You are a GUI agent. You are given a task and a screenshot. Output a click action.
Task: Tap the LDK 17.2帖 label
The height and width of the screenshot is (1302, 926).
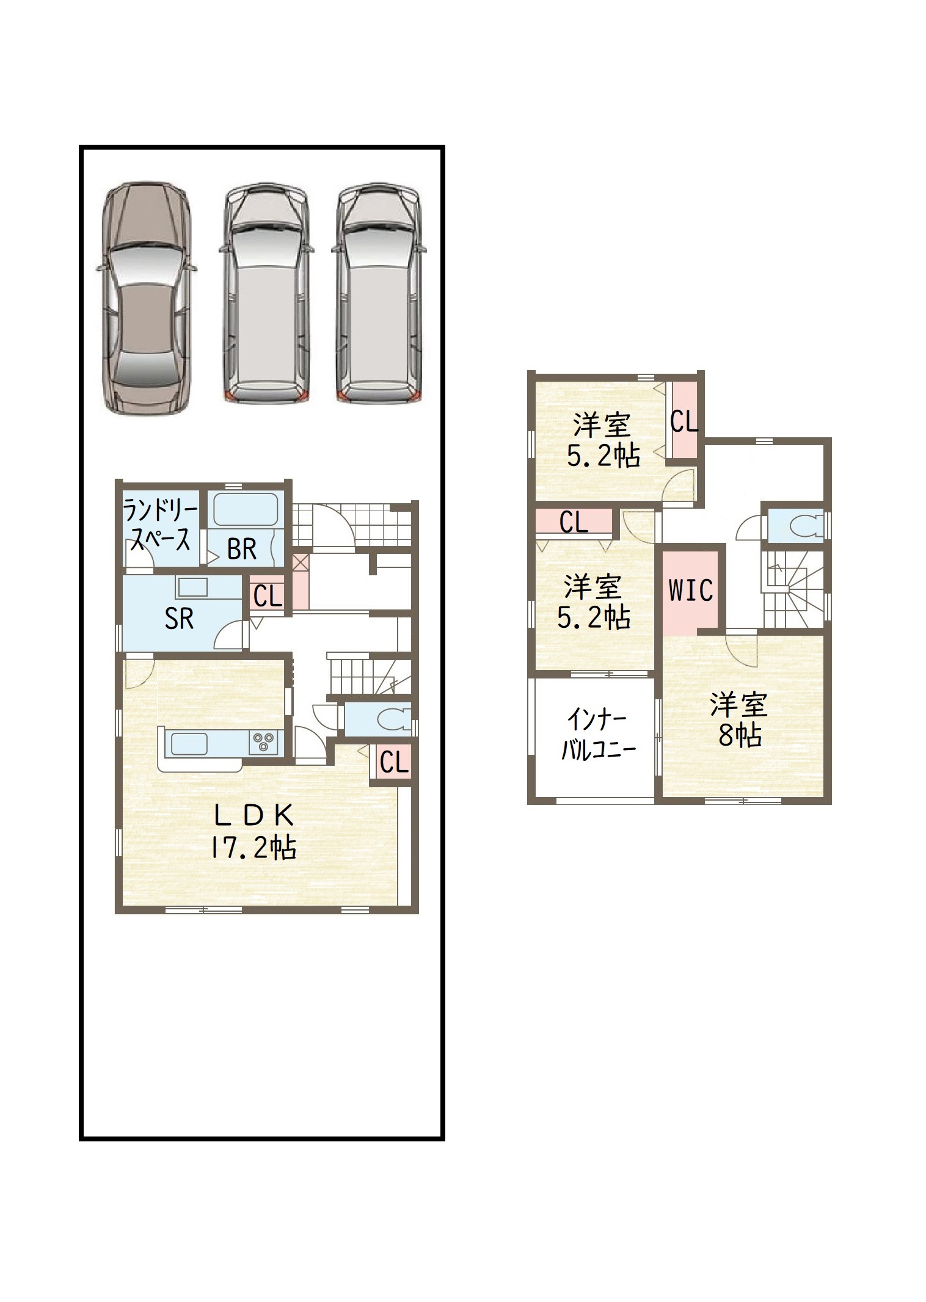click(253, 831)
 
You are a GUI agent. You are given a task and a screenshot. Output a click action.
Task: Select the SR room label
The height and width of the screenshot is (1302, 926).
click(179, 619)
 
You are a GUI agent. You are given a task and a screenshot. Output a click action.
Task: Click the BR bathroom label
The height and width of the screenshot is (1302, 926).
click(242, 549)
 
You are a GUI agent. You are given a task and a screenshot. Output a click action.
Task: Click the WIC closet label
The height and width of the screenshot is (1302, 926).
click(691, 590)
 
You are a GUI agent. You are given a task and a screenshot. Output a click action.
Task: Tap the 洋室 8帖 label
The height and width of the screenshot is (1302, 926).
click(739, 720)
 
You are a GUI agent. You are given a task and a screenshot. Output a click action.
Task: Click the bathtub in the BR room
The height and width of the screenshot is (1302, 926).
click(246, 509)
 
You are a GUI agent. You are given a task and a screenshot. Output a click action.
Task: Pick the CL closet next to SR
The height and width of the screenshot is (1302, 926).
click(268, 594)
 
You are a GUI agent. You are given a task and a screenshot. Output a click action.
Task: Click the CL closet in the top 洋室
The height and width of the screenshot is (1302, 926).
click(684, 420)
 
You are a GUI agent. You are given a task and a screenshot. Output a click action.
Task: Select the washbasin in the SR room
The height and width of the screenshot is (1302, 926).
click(192, 587)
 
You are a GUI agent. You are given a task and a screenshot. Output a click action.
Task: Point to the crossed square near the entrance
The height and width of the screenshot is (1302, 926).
click(300, 562)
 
